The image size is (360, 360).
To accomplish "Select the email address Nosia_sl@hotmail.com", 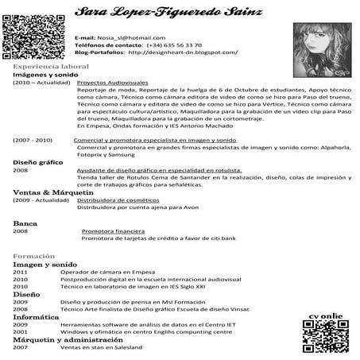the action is click(x=131, y=37).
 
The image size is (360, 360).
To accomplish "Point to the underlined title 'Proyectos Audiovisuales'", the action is click(x=114, y=83).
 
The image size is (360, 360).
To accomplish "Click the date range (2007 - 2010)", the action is click(x=33, y=140).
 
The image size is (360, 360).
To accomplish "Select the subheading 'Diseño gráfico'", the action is click(x=38, y=162).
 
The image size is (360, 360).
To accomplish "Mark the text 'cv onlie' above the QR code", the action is click(x=327, y=317).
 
